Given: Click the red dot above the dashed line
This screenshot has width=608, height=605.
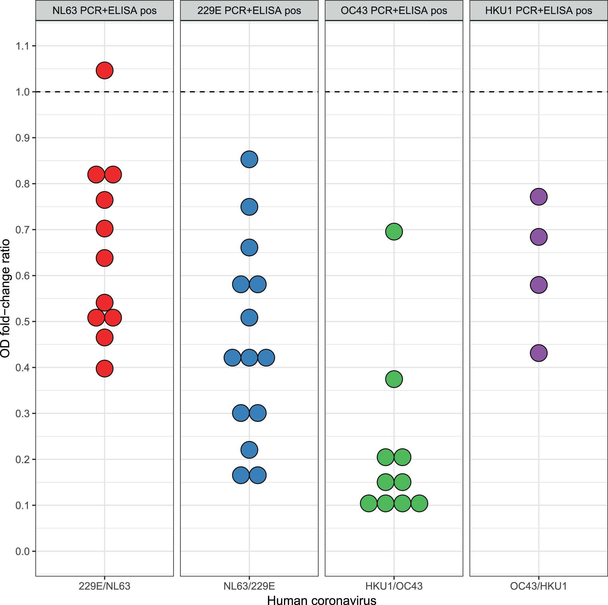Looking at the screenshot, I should click(x=104, y=70).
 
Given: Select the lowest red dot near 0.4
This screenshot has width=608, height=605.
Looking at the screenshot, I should click(x=104, y=368).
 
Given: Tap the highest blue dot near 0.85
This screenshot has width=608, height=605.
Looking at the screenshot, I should click(x=249, y=159).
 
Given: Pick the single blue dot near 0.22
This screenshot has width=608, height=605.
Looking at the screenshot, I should click(x=249, y=450).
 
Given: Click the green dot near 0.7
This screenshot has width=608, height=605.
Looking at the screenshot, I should click(x=394, y=232).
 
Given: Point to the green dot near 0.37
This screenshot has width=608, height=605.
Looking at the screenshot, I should click(x=394, y=379).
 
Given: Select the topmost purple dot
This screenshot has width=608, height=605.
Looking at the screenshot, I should click(x=539, y=197).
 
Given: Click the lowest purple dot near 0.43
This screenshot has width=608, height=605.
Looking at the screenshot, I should click(x=539, y=353).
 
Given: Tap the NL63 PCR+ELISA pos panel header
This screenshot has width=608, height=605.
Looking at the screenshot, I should click(x=104, y=11).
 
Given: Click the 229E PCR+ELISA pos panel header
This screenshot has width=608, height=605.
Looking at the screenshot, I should click(x=249, y=11).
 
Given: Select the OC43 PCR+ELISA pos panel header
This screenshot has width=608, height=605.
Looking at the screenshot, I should click(x=394, y=11).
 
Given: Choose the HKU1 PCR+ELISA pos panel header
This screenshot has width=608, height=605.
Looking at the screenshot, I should click(x=539, y=11).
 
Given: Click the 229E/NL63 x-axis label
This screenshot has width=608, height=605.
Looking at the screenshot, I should click(x=104, y=586).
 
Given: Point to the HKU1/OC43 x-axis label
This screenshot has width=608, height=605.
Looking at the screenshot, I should click(x=394, y=586).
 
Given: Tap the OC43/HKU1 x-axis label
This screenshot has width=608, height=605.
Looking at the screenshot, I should click(x=539, y=586).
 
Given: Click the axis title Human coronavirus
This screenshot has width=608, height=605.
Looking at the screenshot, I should click(x=321, y=600).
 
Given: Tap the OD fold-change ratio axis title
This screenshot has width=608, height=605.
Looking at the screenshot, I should click(x=5, y=298).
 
